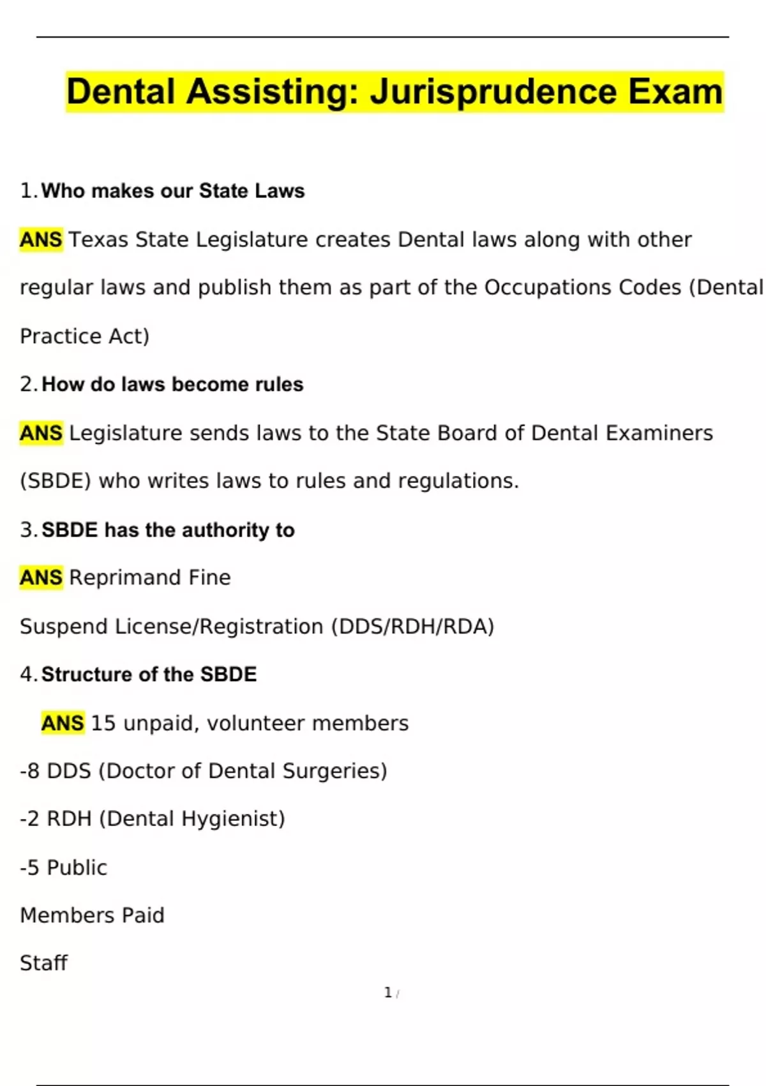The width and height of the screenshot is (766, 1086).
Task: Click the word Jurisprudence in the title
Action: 495,91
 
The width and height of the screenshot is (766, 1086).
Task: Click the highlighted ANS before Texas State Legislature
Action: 41,240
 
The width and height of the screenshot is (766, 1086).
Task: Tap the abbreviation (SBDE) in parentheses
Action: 56,480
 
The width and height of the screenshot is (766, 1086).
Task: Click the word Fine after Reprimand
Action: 209,577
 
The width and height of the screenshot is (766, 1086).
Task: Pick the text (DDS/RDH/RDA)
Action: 412,626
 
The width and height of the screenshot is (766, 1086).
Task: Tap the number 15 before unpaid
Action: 103,723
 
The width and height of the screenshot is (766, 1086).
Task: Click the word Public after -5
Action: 77,868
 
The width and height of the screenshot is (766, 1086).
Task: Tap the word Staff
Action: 43,963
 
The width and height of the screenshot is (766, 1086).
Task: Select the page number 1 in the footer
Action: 387,992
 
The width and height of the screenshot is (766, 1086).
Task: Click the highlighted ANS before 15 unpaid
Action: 63,723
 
